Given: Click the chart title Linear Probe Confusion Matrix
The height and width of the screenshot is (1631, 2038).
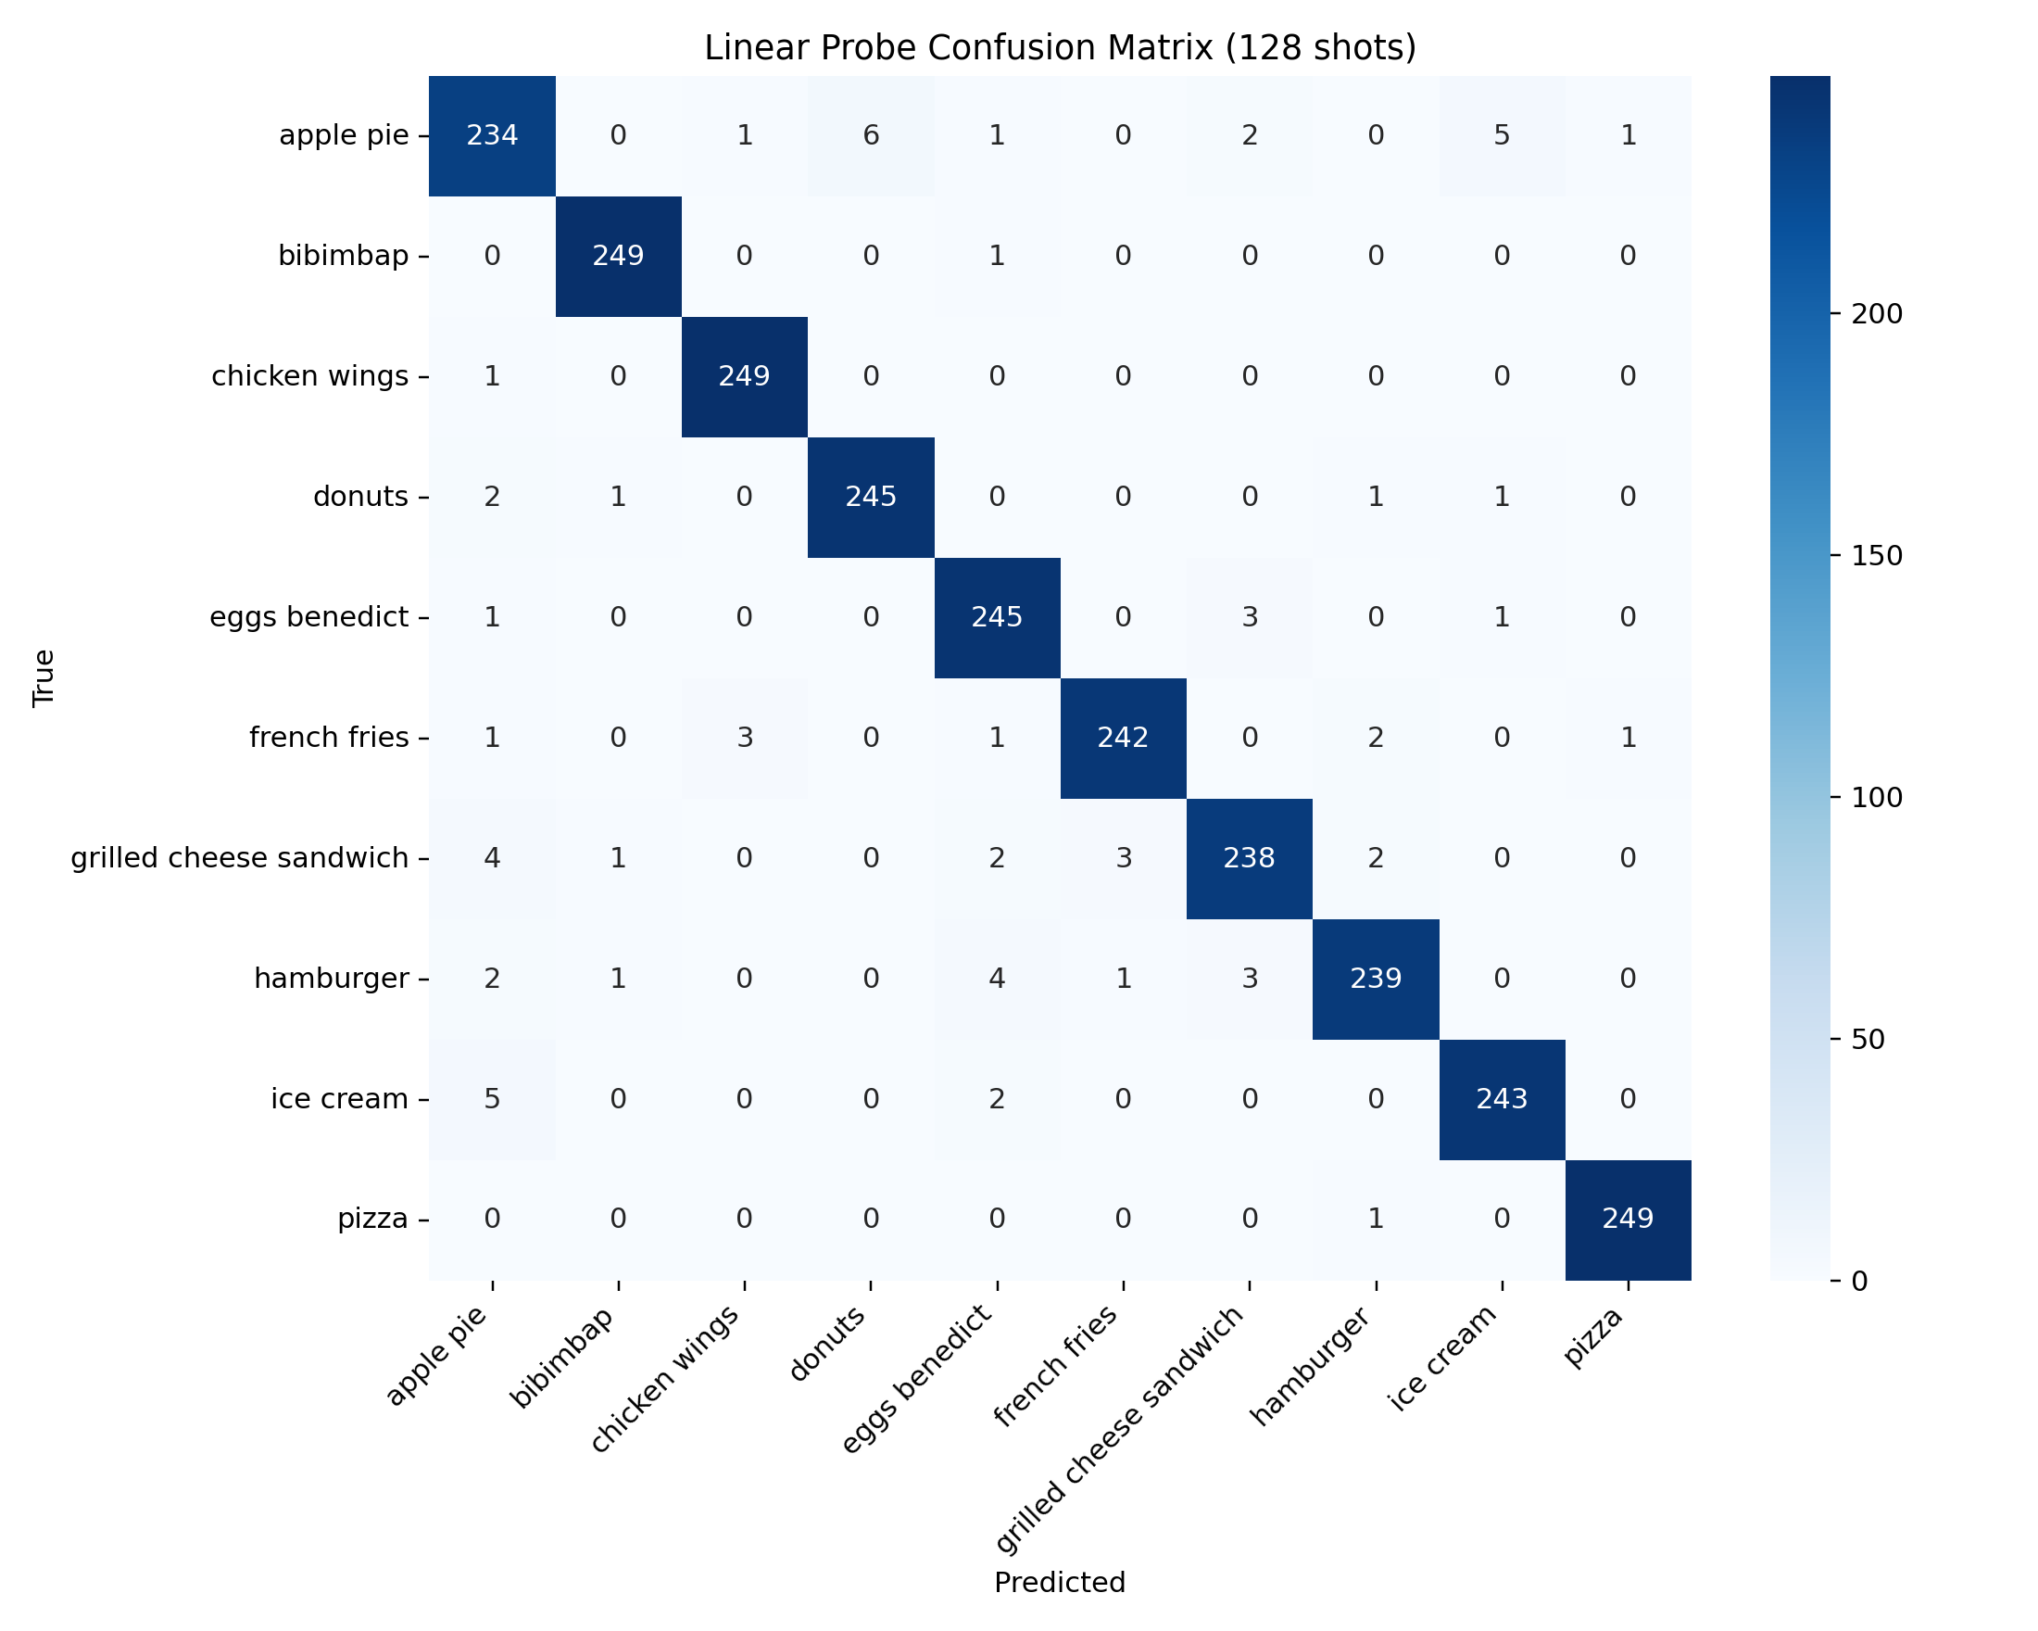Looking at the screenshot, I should click(x=1060, y=47).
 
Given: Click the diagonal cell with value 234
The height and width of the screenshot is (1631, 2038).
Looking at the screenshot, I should click(x=492, y=135).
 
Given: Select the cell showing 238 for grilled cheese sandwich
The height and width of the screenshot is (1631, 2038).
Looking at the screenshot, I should click(x=1249, y=857).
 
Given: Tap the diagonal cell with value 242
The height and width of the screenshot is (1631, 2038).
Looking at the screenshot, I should click(x=1122, y=738).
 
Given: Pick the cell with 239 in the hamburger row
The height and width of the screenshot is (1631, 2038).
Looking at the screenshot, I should click(x=1376, y=978).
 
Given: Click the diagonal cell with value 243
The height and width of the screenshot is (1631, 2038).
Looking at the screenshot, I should click(x=1501, y=1099).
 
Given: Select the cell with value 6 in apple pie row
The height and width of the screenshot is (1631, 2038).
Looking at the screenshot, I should click(x=871, y=135).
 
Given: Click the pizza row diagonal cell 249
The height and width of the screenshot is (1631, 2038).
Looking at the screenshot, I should click(x=1628, y=1219).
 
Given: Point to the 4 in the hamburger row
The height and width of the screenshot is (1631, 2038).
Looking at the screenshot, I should click(x=997, y=978).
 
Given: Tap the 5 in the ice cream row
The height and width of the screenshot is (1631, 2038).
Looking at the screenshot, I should click(x=492, y=1099).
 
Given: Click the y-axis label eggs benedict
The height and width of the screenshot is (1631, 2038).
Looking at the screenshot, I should click(x=309, y=617).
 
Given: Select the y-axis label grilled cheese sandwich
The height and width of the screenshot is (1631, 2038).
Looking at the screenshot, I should click(x=240, y=858).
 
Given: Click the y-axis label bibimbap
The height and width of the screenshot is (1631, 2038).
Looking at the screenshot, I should click(x=343, y=256).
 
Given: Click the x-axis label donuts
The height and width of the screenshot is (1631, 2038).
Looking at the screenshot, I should click(x=829, y=1346).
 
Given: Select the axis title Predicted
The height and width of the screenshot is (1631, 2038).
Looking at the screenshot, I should click(x=1060, y=1583).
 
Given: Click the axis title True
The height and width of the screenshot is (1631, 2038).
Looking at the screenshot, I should click(x=44, y=678).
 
